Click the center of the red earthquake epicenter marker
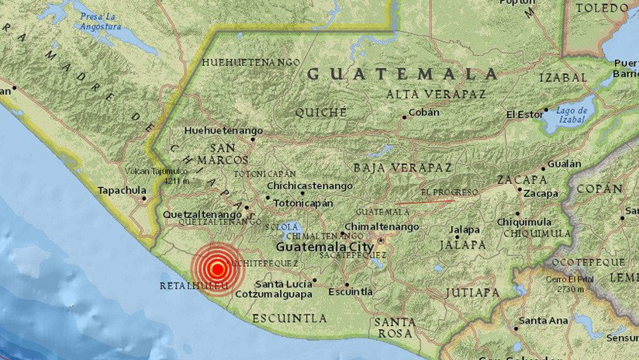pyautogui.click(x=218, y=269)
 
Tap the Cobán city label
pyautogui.click(x=424, y=112)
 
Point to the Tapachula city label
pyautogui.click(x=122, y=190)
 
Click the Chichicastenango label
pyautogui.click(x=309, y=186)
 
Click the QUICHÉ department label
pyautogui.click(x=320, y=112)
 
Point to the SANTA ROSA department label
pyautogui.click(x=395, y=327)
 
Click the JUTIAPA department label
pyautogui.click(x=472, y=292)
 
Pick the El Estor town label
pyautogui.click(x=524, y=114)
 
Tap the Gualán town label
pyautogui.click(x=564, y=164)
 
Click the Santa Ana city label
pyautogui.click(x=544, y=320)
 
